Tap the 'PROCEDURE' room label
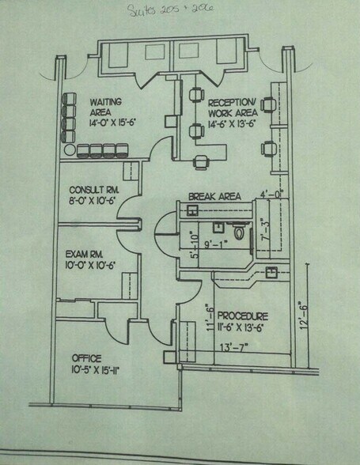point(247,316)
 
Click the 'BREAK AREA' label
point(214,196)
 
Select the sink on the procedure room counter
point(271,273)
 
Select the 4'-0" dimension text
point(271,193)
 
